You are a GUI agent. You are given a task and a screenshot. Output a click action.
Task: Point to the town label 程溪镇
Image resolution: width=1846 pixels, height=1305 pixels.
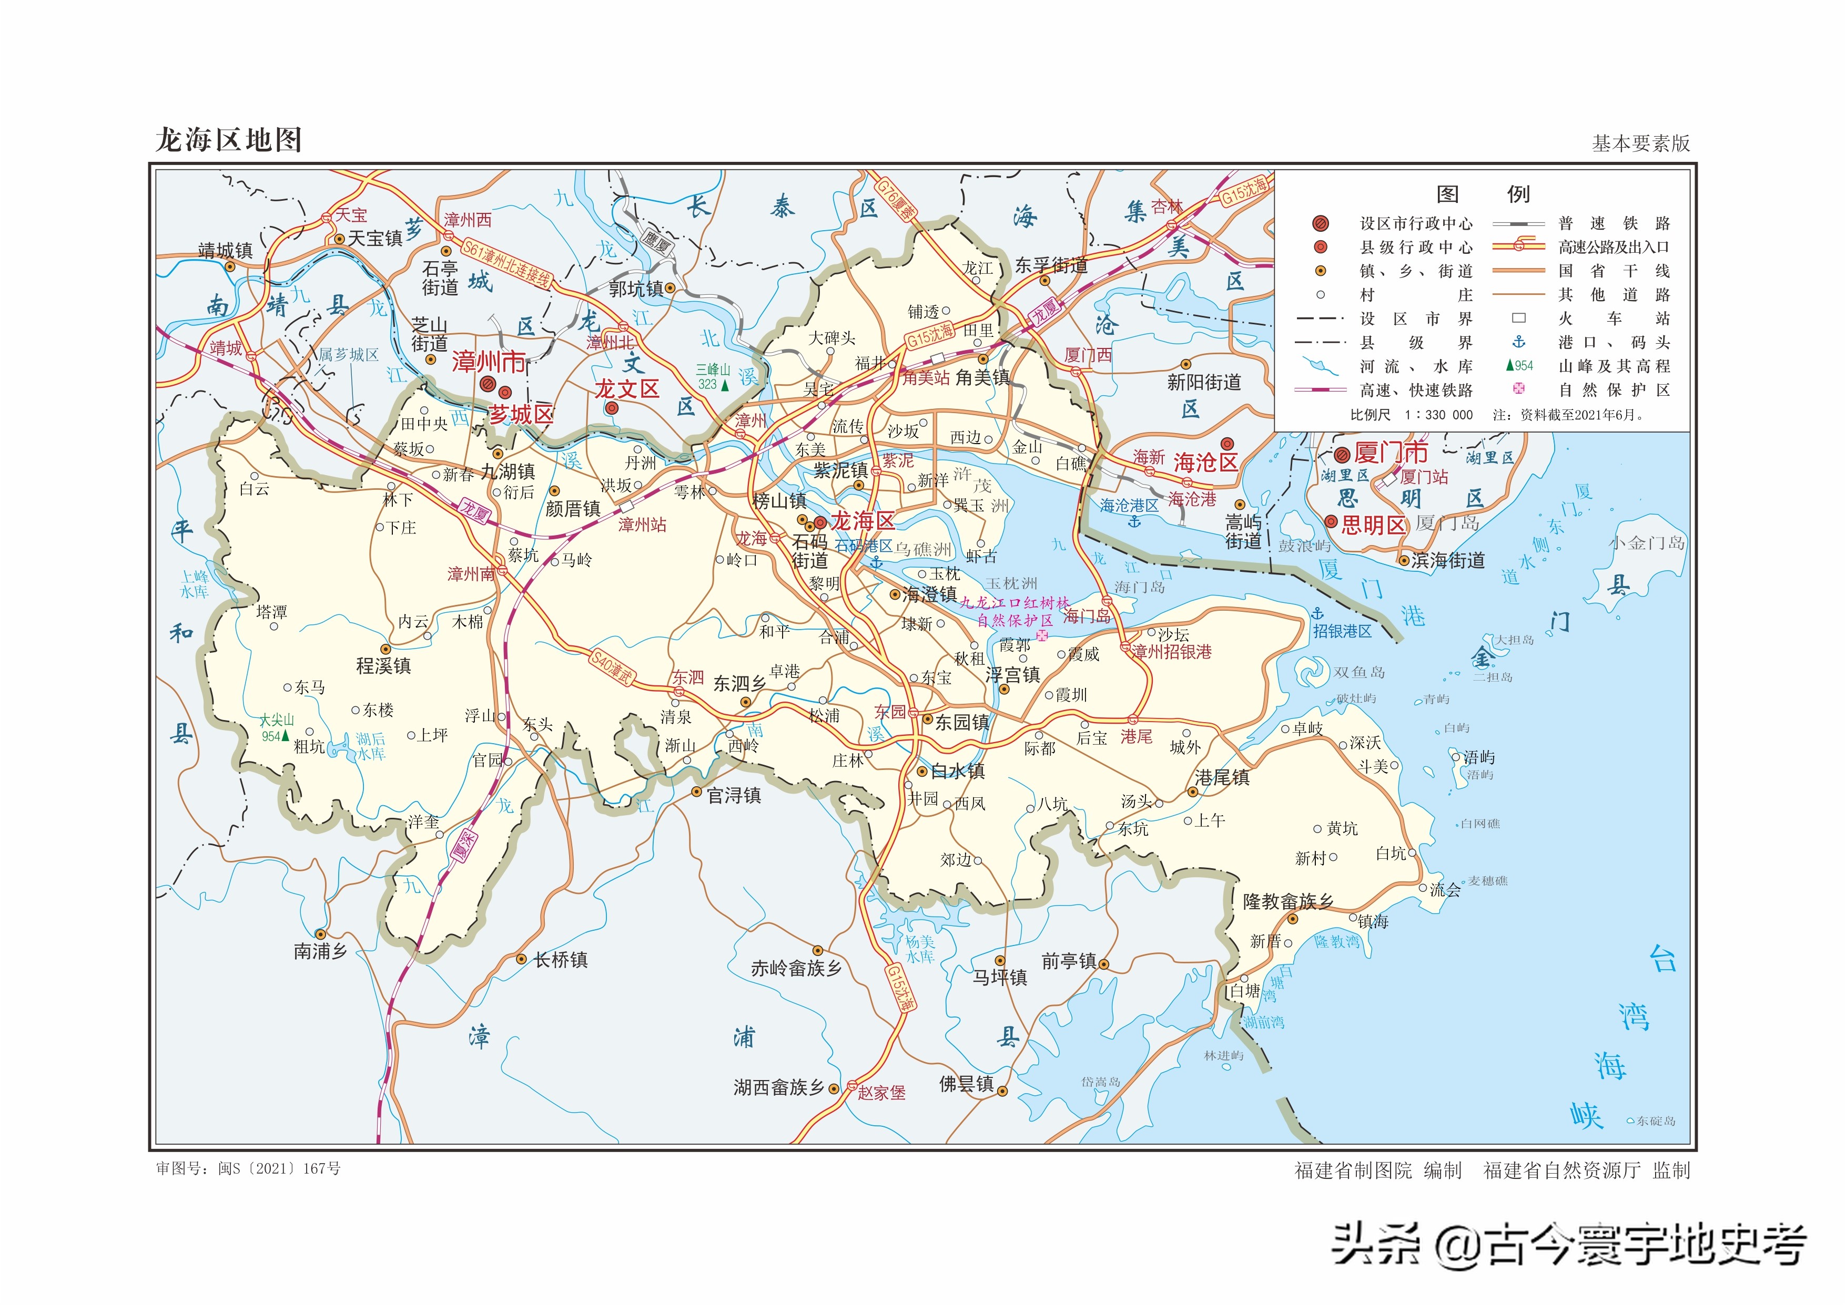(x=383, y=665)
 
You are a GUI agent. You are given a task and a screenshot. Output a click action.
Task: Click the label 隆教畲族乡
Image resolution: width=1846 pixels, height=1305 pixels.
(x=1287, y=901)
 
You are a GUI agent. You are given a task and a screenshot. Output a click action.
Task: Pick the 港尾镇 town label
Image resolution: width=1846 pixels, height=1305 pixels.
(x=1222, y=777)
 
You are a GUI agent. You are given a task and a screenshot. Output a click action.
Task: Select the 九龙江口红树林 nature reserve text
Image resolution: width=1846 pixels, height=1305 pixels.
(x=1015, y=603)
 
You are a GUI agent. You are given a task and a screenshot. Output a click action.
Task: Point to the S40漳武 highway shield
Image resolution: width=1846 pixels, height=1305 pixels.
(x=612, y=667)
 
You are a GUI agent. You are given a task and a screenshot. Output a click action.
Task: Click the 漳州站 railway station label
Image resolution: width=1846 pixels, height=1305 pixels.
(x=642, y=525)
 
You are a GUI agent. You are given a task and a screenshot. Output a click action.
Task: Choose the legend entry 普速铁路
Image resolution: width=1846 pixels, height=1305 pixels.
(x=1614, y=223)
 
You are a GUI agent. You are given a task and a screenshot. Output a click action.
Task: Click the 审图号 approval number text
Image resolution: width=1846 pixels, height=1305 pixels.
(x=248, y=1168)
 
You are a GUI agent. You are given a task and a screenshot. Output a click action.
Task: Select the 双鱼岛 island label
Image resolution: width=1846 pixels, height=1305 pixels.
(x=1359, y=672)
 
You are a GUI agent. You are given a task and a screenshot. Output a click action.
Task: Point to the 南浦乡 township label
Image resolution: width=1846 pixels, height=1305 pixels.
(x=320, y=951)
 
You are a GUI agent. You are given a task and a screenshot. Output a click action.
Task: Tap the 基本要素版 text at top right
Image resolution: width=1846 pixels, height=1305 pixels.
(x=1641, y=143)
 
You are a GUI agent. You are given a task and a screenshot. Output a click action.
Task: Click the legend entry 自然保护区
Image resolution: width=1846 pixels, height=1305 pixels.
(x=1614, y=390)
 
